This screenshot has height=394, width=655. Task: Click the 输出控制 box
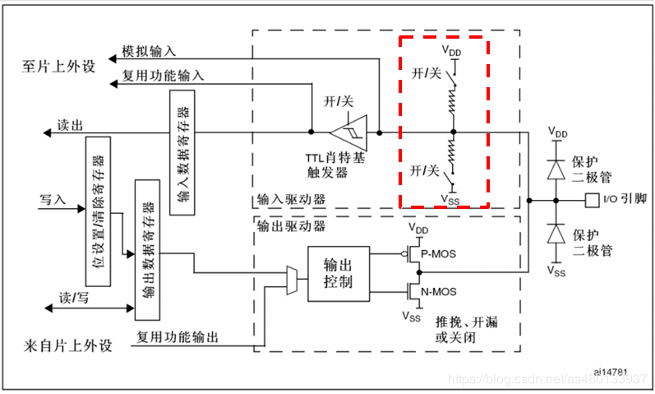338,273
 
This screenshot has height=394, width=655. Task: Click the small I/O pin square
590,198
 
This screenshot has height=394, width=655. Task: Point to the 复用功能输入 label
164,76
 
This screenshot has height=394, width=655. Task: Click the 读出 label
69,126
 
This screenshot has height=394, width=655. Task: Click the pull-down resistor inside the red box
451,152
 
